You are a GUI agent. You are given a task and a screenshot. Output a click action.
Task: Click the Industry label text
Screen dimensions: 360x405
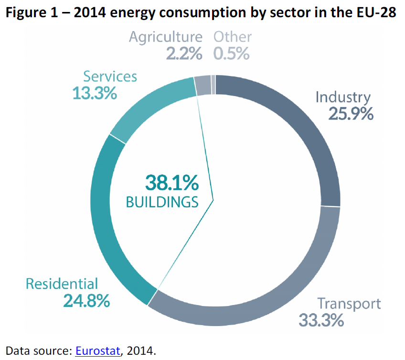342,97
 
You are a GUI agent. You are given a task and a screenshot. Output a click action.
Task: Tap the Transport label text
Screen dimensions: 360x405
349,304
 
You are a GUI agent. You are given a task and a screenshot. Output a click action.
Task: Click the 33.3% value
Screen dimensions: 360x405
321,320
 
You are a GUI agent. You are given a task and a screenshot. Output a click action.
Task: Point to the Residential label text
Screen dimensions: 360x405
62,284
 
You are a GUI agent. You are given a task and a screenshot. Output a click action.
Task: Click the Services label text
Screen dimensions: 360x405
110,76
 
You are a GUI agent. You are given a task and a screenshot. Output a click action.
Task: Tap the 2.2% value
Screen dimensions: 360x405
184,54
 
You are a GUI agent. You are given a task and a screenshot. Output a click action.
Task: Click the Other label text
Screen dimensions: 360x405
233,37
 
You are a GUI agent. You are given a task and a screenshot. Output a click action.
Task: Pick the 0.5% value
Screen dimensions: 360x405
231,54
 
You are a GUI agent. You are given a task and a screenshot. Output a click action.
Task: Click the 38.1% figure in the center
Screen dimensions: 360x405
171,183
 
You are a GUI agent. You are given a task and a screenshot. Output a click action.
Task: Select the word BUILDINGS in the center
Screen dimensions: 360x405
162,202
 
